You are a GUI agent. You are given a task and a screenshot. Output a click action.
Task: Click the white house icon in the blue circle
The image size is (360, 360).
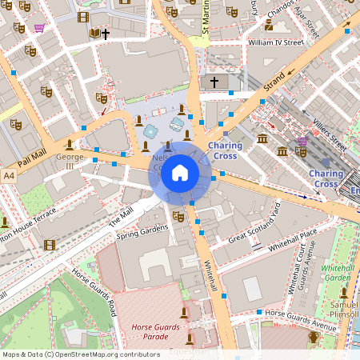pyautogui.click(x=180, y=172)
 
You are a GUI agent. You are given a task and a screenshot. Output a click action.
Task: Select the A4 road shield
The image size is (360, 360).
pyautogui.click(x=9, y=174)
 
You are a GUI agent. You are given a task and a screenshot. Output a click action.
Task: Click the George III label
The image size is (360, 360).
pyautogui.click(x=70, y=162)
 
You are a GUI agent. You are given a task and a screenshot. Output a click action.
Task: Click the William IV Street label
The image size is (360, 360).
pyautogui.click(x=276, y=42)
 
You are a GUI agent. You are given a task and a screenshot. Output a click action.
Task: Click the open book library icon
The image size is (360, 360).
pyautogui.click(x=95, y=33)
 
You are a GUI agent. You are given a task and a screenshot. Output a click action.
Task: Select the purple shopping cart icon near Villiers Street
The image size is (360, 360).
pyautogui.click(x=302, y=141)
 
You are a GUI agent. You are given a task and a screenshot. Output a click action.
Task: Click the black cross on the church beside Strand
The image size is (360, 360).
pyautogui.click(x=213, y=82)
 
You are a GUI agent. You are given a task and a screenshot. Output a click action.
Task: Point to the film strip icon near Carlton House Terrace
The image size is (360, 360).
pyautogui.click(x=50, y=245)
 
